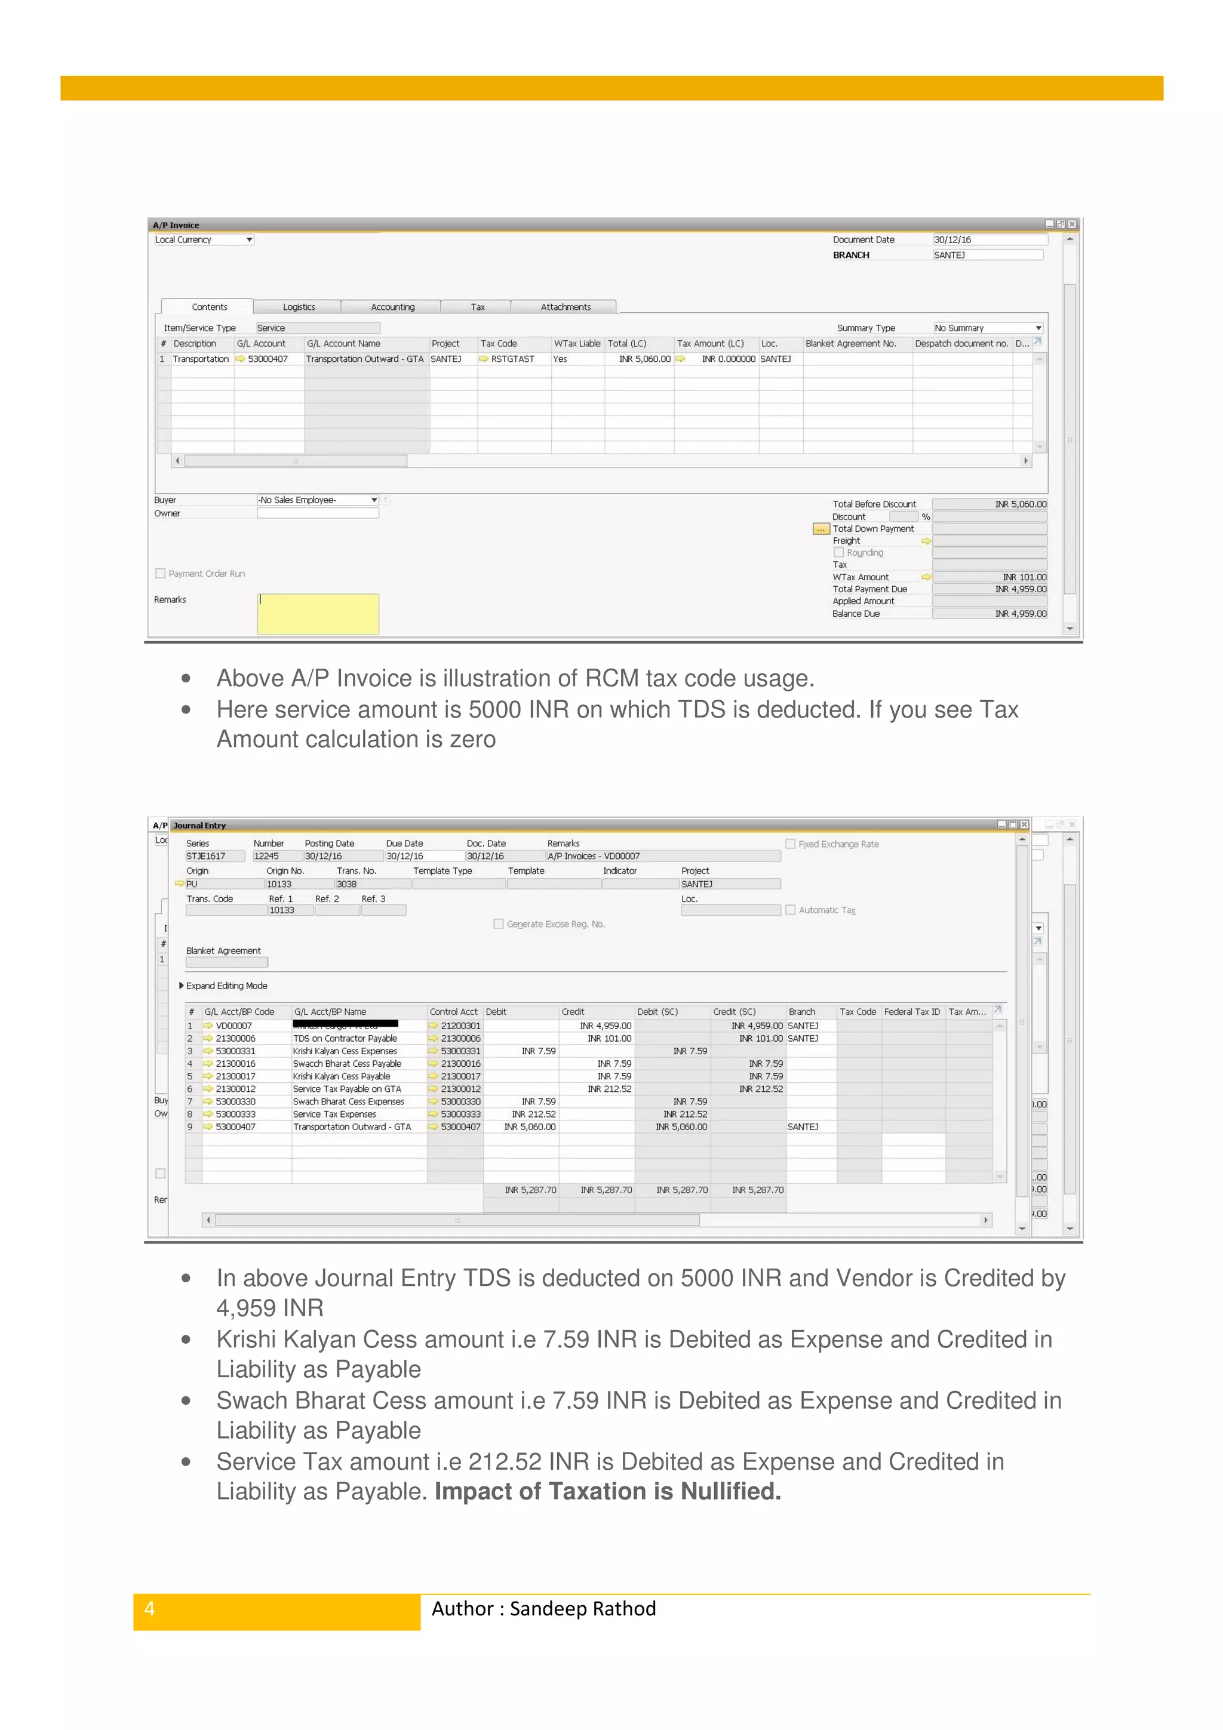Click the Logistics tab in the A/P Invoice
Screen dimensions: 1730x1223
click(299, 307)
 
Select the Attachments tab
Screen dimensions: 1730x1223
click(565, 307)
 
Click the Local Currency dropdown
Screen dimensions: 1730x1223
click(204, 239)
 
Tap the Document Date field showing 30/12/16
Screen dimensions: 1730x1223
click(989, 239)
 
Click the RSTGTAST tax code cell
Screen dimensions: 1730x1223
click(512, 359)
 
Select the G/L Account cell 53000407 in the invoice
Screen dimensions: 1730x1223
click(268, 359)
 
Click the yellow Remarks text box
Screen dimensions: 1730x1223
click(318, 613)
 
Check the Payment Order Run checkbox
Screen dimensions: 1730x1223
click(161, 574)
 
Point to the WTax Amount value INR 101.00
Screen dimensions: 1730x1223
click(1024, 577)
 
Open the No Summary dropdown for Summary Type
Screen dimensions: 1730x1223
click(988, 328)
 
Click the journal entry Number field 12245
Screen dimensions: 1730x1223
click(276, 856)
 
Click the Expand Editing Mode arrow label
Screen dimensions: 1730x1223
click(224, 986)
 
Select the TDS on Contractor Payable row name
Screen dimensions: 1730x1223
click(345, 1038)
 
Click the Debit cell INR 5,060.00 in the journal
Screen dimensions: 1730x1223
click(530, 1127)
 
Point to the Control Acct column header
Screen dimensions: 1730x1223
click(454, 1012)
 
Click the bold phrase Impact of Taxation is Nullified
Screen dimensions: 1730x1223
click(607, 1491)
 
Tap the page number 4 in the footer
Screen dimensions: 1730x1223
click(150, 1608)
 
